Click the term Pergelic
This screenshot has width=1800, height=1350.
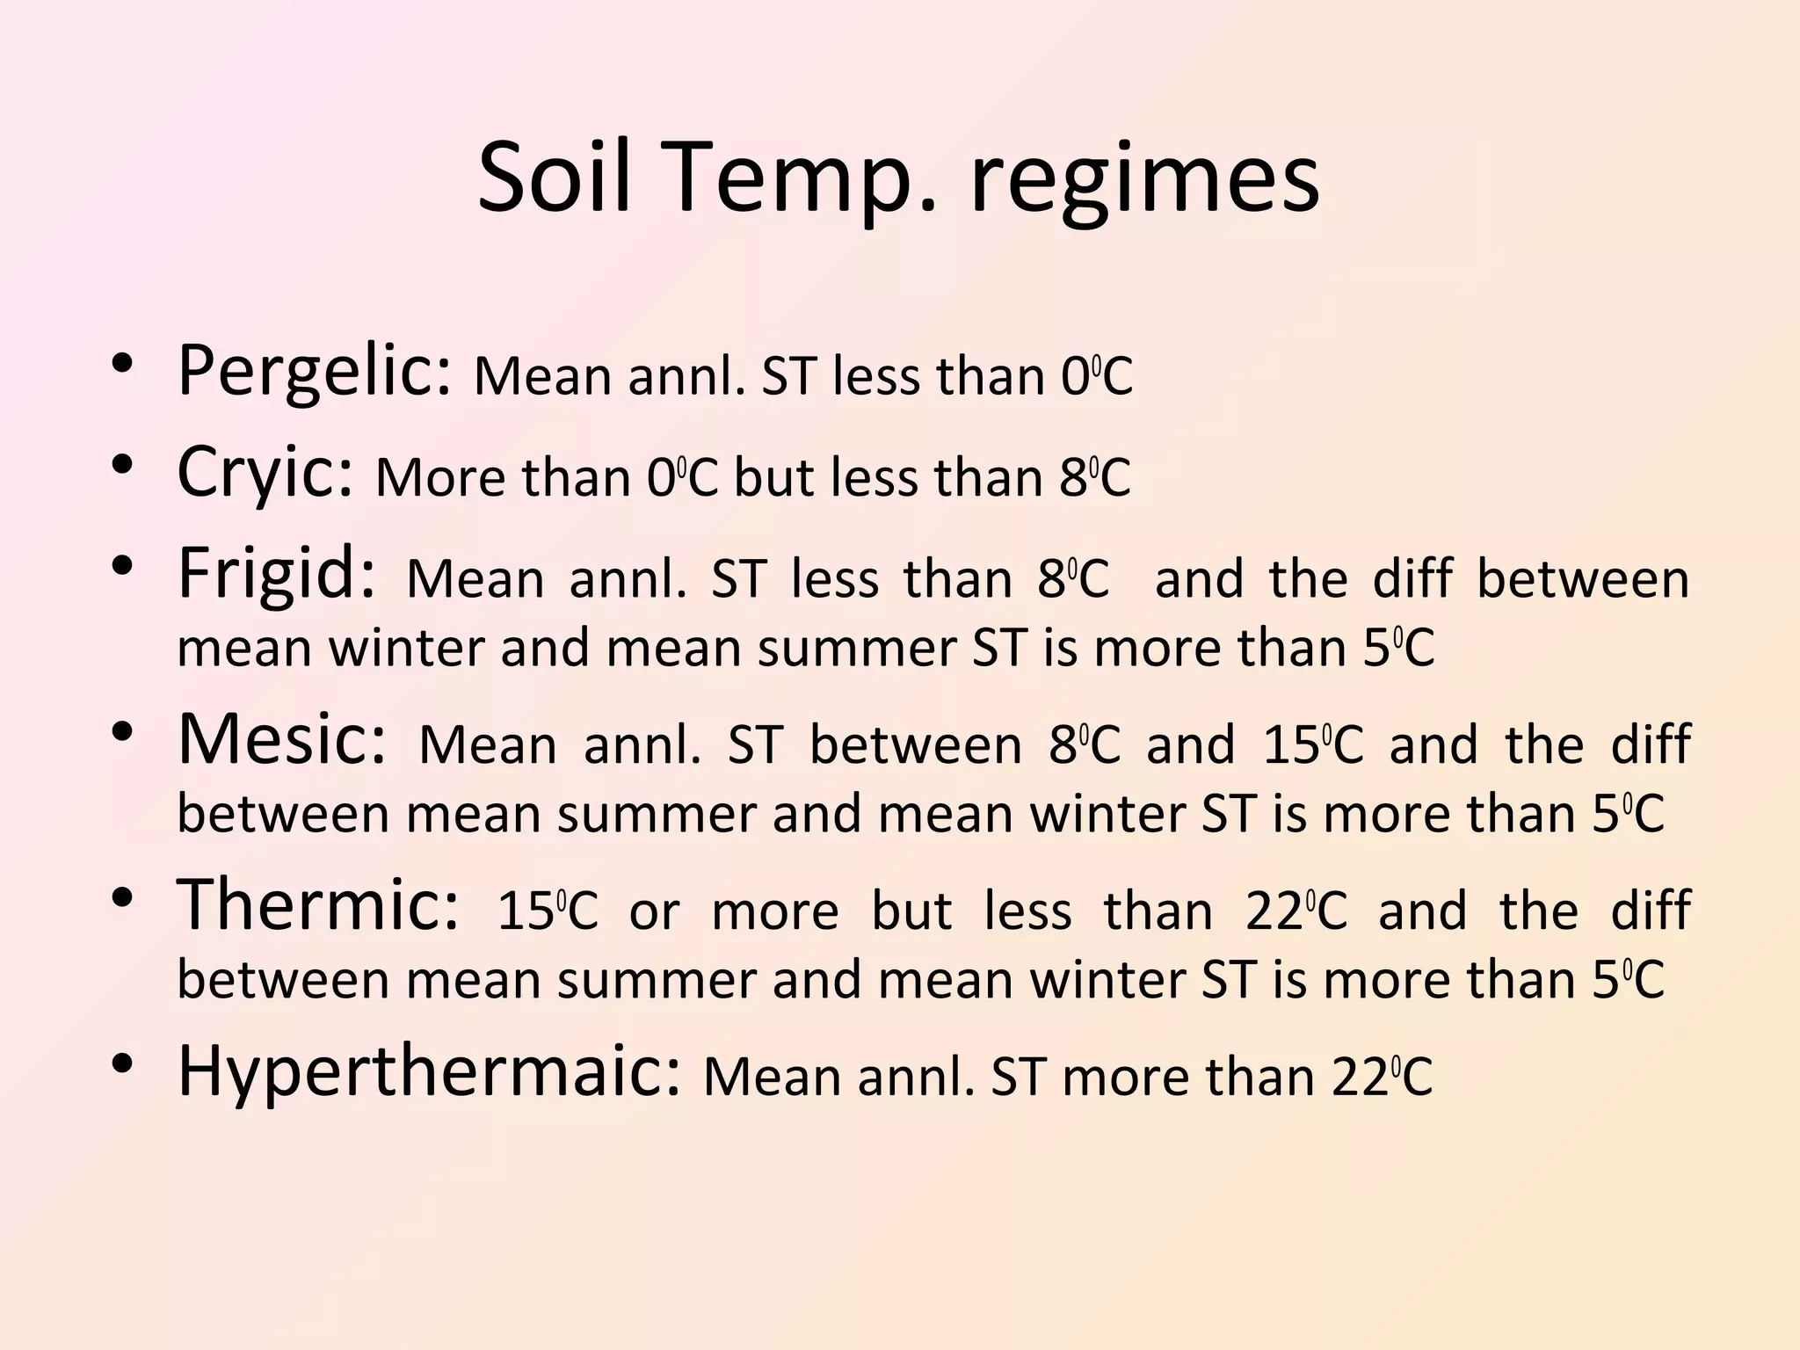(x=315, y=371)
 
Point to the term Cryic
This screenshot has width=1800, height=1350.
(x=265, y=474)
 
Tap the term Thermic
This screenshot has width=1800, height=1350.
(x=317, y=906)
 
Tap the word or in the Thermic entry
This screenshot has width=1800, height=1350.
(x=654, y=912)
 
